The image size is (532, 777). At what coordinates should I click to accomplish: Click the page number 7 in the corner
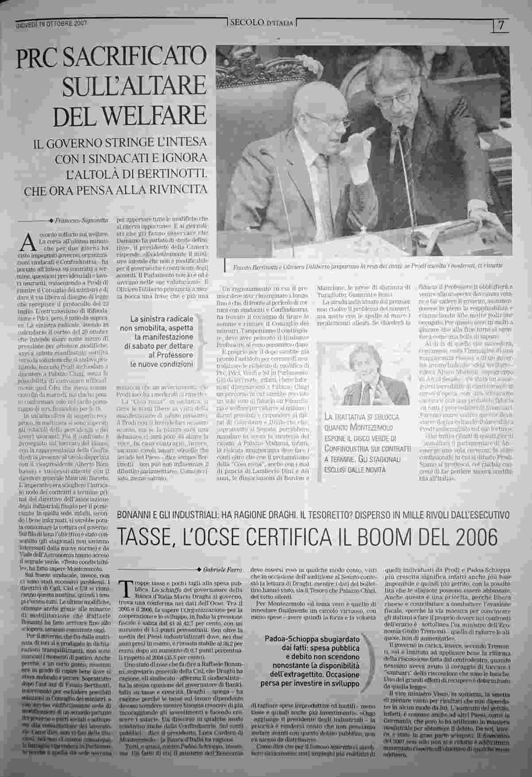pyautogui.click(x=501, y=25)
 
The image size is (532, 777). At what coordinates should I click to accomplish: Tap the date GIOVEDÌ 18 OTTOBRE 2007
pyautogui.click(x=51, y=23)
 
